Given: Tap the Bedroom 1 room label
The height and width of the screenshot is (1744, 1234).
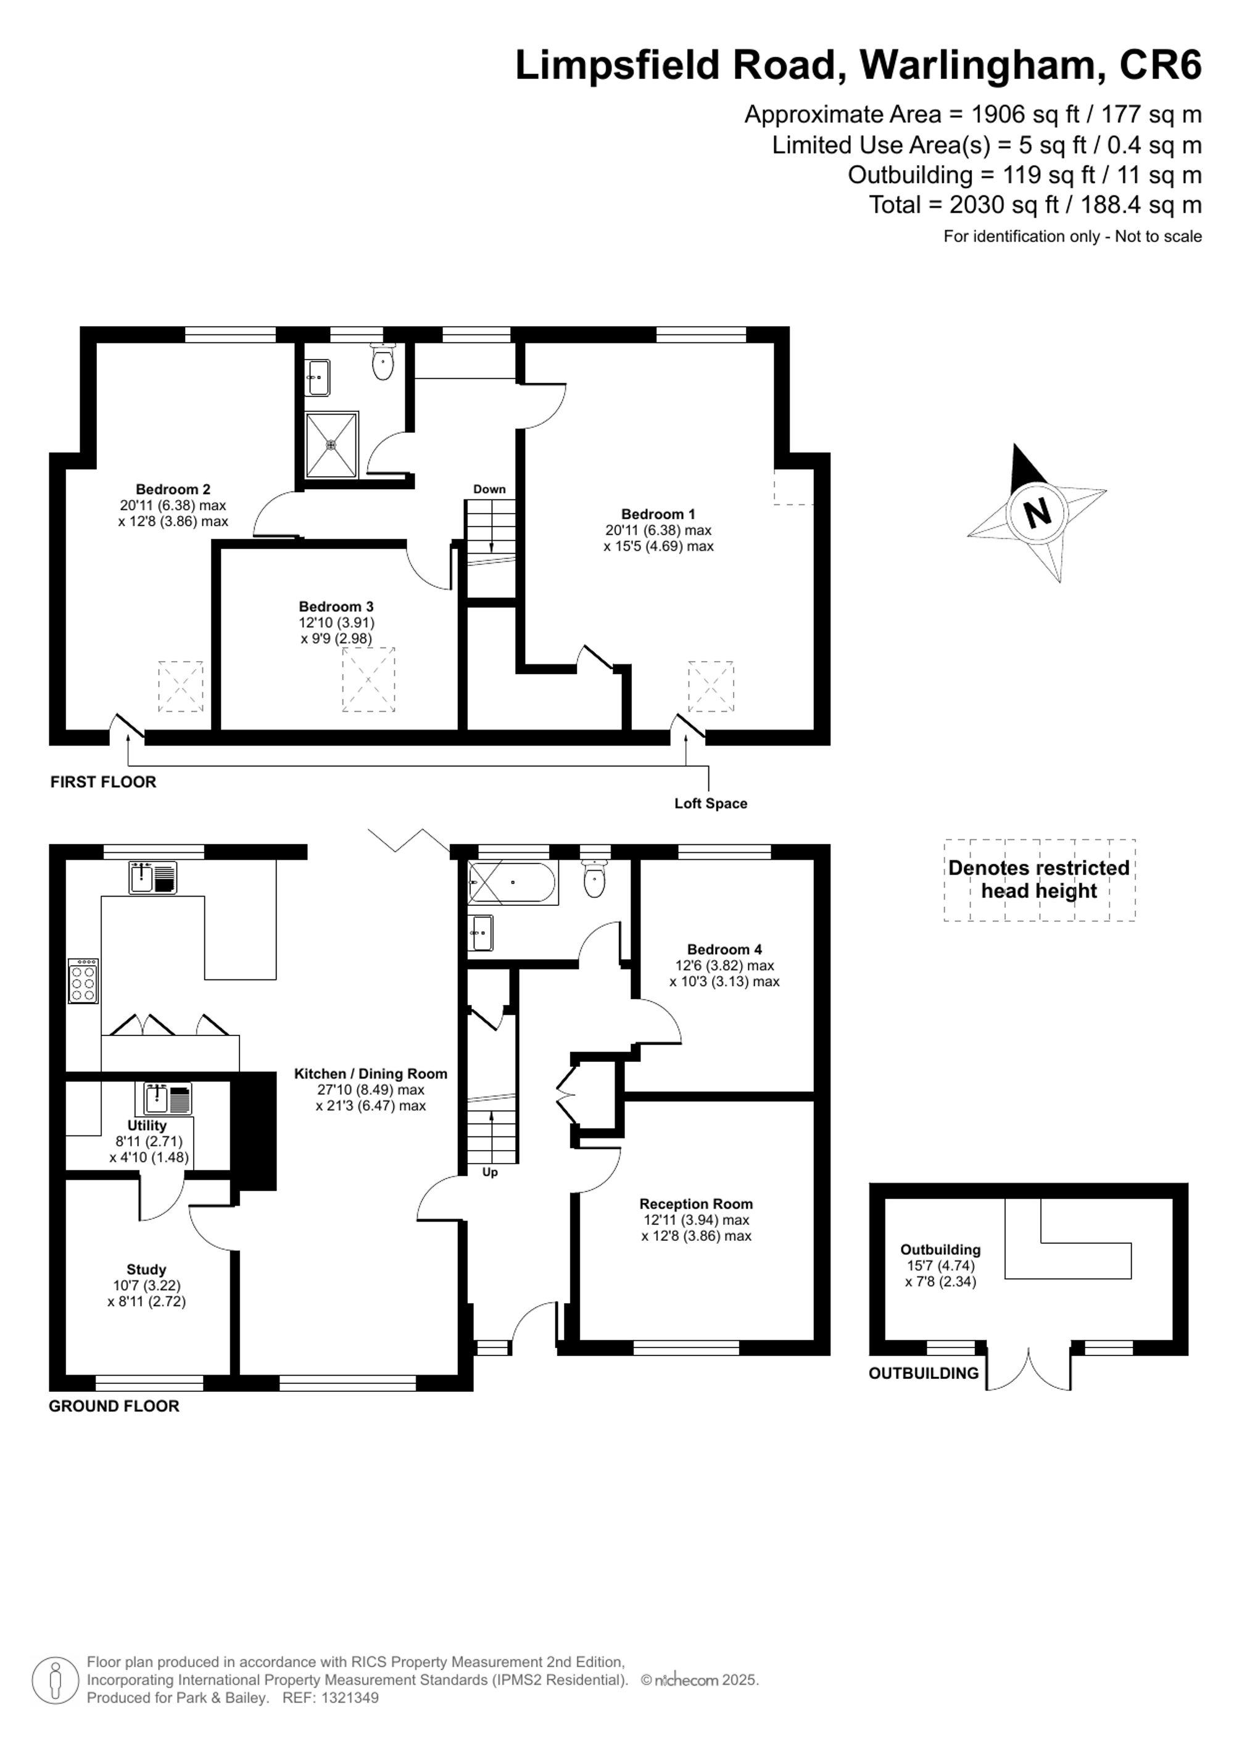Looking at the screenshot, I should pos(658,514).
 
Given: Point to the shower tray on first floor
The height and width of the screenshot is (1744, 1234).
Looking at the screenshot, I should pos(331,445).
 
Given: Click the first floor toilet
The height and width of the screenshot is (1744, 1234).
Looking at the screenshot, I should pos(383,361).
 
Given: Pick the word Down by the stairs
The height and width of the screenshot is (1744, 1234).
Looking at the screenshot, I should pos(489,489).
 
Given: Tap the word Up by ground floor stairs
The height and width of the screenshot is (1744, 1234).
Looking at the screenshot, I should pos(490,1172).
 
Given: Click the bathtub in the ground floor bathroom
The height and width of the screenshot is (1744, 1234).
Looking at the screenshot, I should pos(512,882).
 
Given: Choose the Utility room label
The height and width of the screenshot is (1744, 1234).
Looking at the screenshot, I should pos(147,1125).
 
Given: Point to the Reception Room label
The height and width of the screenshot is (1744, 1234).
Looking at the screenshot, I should pos(696,1204).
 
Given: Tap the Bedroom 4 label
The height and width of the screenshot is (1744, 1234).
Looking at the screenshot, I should pos(724,950).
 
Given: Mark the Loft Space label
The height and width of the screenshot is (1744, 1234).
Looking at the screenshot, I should pos(710,804).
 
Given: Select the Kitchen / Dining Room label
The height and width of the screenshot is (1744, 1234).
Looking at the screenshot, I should pos(371,1073).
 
